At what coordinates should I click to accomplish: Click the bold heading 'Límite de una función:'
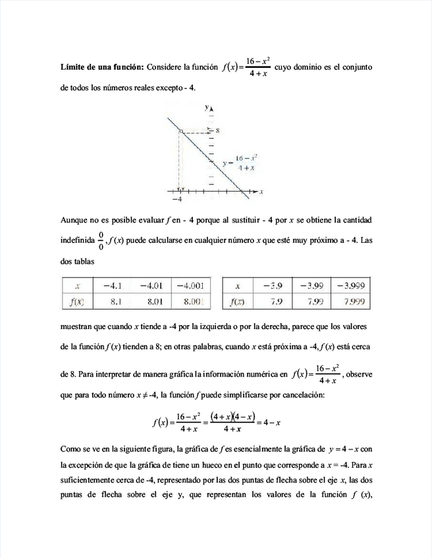[102, 67]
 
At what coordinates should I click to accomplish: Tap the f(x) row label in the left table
[78, 302]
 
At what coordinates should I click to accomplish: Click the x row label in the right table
[237, 286]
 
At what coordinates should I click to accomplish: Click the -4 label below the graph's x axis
[176, 199]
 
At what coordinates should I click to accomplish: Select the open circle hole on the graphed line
[180, 132]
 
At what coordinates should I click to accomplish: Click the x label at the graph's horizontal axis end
[261, 191]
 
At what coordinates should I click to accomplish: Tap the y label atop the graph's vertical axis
[207, 107]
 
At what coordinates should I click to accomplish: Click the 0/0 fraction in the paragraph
[101, 240]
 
